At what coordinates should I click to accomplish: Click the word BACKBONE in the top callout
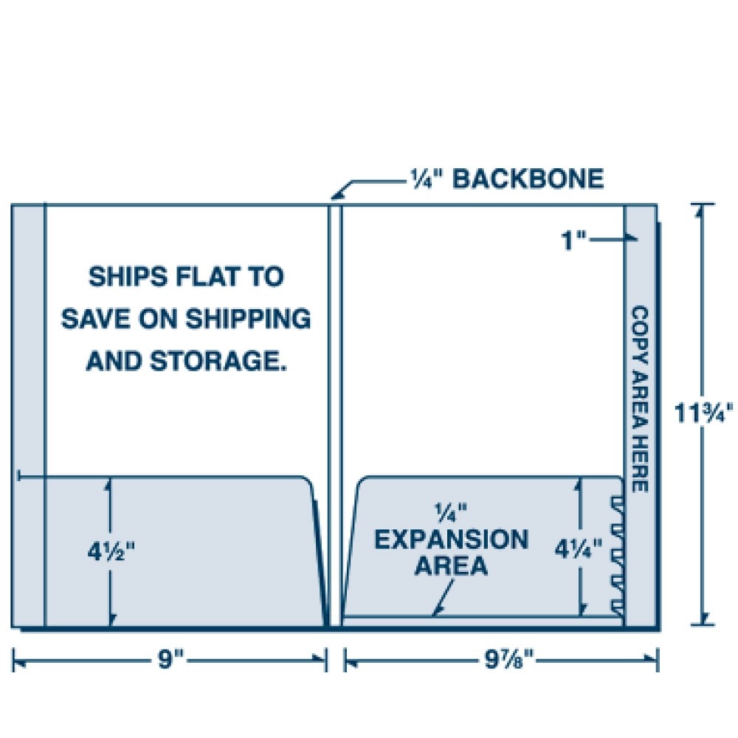pyautogui.click(x=528, y=179)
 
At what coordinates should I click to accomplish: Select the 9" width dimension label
pyautogui.click(x=170, y=659)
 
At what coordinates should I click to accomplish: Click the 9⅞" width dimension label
pyautogui.click(x=503, y=659)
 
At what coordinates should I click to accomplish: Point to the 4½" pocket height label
pyautogui.click(x=111, y=551)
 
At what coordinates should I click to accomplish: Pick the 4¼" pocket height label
pyautogui.click(x=580, y=548)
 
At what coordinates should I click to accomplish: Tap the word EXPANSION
pyautogui.click(x=451, y=539)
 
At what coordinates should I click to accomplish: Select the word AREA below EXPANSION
pyautogui.click(x=451, y=566)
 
